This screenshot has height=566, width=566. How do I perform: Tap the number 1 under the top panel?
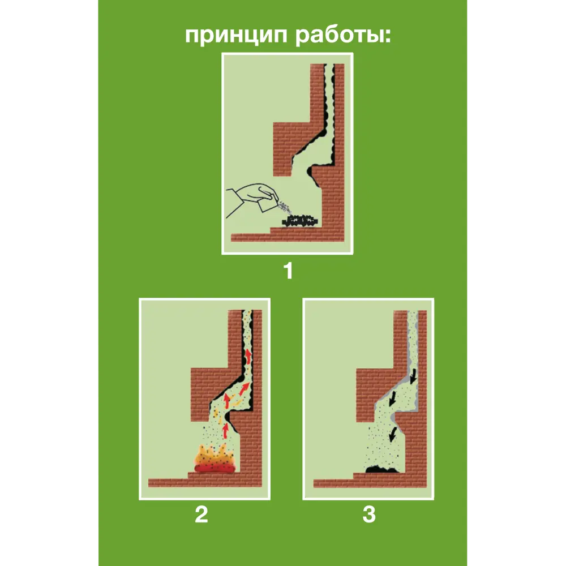(288, 271)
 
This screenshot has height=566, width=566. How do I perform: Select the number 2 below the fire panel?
(201, 515)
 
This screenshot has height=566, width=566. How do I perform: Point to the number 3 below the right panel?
(369, 515)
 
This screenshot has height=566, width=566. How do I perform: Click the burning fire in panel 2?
(215, 458)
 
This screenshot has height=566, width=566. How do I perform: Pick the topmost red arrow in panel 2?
(247, 358)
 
